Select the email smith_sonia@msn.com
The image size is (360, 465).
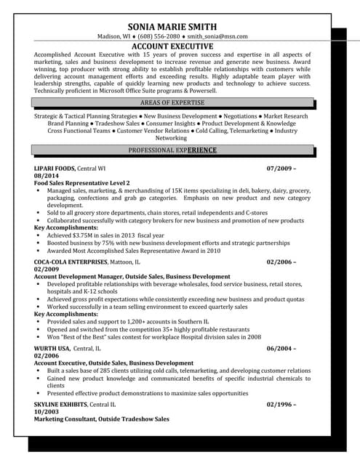[x=217, y=36]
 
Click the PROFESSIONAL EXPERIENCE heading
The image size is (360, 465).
[x=172, y=150]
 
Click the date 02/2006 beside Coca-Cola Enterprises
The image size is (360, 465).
[x=282, y=261]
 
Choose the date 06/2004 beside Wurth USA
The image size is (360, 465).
[x=282, y=348]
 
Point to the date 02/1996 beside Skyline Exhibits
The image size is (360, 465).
[x=282, y=404]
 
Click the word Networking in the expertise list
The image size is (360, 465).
[x=172, y=138]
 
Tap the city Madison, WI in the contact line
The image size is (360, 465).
[x=116, y=36]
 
